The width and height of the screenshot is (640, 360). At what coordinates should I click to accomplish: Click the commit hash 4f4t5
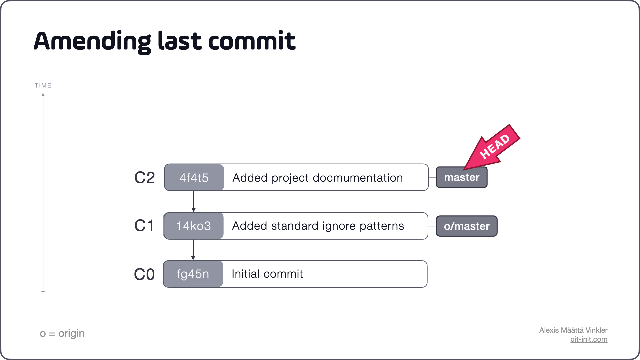click(194, 178)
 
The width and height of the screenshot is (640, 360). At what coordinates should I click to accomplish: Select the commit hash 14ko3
click(193, 226)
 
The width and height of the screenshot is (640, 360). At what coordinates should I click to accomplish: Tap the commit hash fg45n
click(193, 274)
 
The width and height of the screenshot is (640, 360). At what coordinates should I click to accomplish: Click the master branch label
click(462, 177)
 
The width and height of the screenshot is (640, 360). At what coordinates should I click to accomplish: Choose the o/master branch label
click(467, 226)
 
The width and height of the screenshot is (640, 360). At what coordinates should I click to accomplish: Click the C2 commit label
click(144, 178)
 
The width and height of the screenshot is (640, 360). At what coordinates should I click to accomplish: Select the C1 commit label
click(144, 226)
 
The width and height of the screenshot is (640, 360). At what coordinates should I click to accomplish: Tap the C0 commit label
click(144, 274)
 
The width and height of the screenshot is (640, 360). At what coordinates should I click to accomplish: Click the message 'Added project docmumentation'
click(317, 178)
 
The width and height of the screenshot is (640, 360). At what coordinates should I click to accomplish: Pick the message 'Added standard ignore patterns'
click(318, 226)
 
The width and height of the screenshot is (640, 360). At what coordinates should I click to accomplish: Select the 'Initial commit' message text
click(267, 274)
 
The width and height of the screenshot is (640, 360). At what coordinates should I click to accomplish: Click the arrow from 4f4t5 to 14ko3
click(194, 201)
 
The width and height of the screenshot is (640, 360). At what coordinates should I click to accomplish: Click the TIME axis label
click(43, 86)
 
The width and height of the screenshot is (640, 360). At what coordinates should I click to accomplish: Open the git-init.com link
click(589, 339)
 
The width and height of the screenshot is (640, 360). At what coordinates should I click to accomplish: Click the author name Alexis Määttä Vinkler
click(573, 330)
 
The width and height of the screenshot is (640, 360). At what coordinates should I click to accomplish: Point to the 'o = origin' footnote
click(62, 333)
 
